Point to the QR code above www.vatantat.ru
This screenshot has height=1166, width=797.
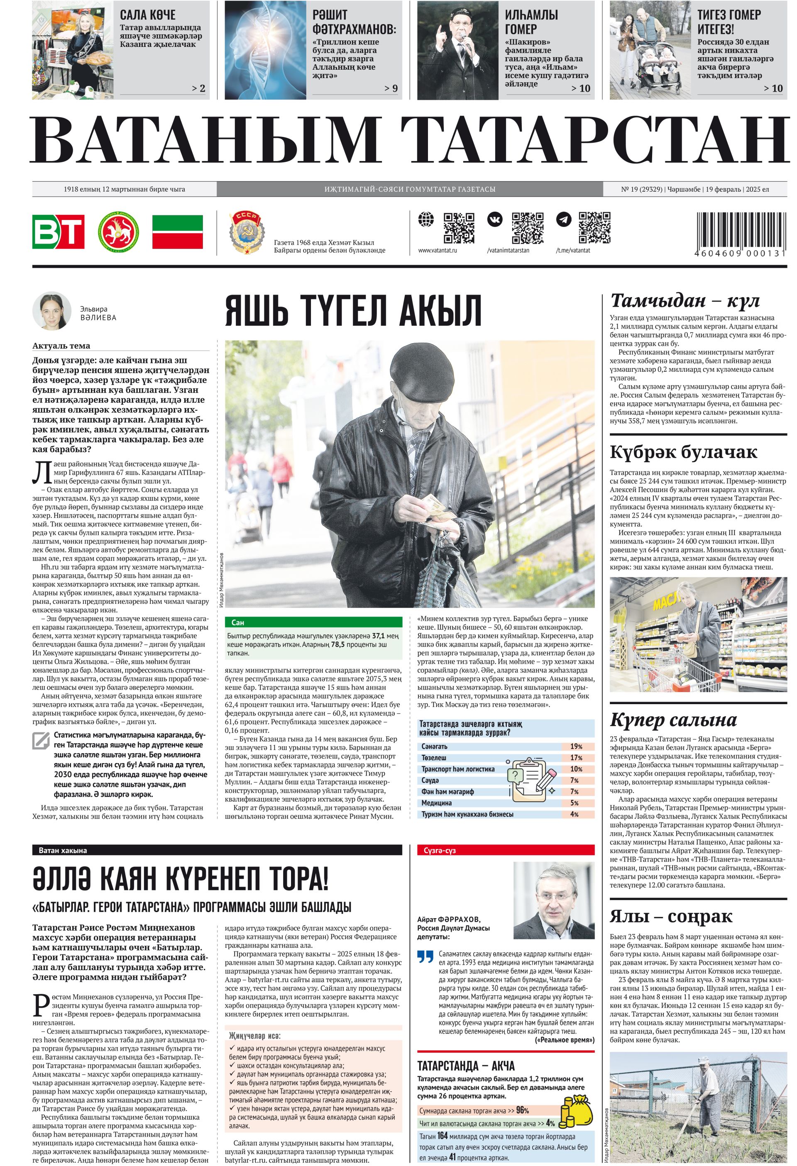[459, 227]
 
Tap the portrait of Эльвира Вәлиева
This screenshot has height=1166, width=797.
[52, 310]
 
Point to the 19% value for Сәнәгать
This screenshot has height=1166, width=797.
[576, 746]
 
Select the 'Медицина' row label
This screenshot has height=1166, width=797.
[436, 803]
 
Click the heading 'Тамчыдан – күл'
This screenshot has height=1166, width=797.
[685, 300]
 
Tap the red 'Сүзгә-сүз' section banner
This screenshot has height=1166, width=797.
[506, 850]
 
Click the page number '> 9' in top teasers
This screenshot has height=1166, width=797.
[391, 88]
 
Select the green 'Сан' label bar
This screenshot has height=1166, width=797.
[314, 622]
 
